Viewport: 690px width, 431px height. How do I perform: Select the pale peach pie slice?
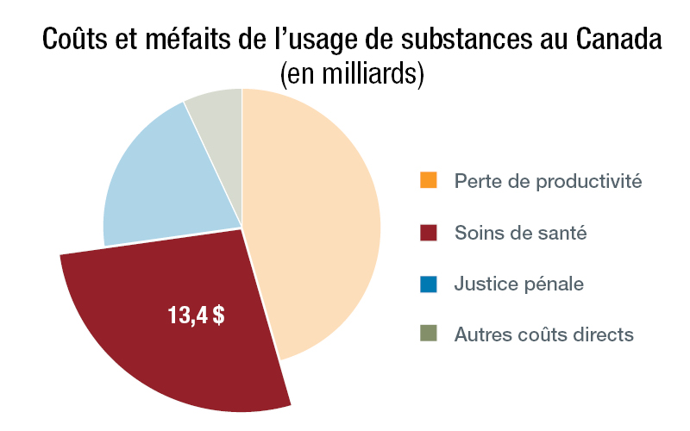pos(319,224)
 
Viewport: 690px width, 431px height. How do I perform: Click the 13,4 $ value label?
pos(196,315)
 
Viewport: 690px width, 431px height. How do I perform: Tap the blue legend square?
pos(429,282)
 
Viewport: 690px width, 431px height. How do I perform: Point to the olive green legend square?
pos(429,333)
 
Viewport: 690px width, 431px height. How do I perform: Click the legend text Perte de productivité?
pos(549,182)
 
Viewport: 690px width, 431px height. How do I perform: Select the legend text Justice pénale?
pos(519,284)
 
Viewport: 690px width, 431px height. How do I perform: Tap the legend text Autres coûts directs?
pos(544,334)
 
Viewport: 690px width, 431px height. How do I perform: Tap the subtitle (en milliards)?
pos(352,73)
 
